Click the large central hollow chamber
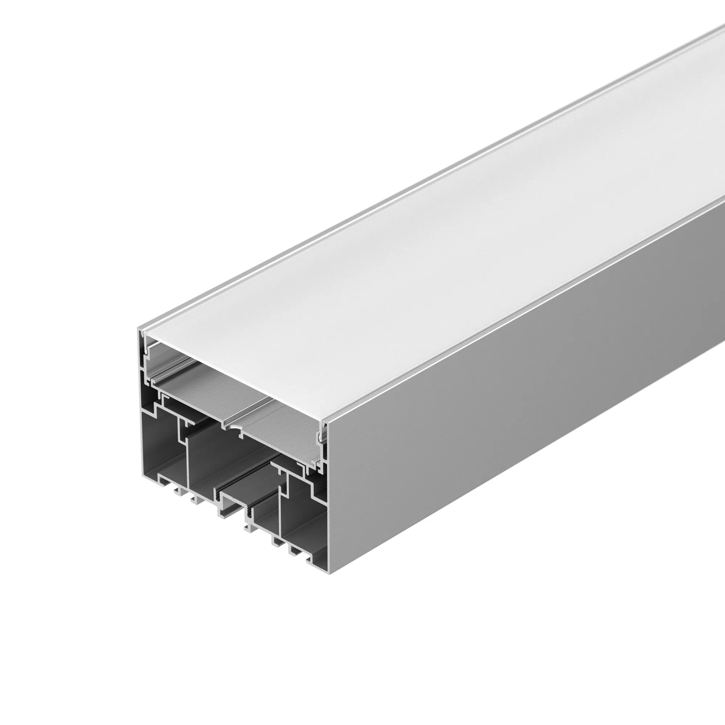tap(225, 461)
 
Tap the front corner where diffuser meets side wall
tap(325, 423)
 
